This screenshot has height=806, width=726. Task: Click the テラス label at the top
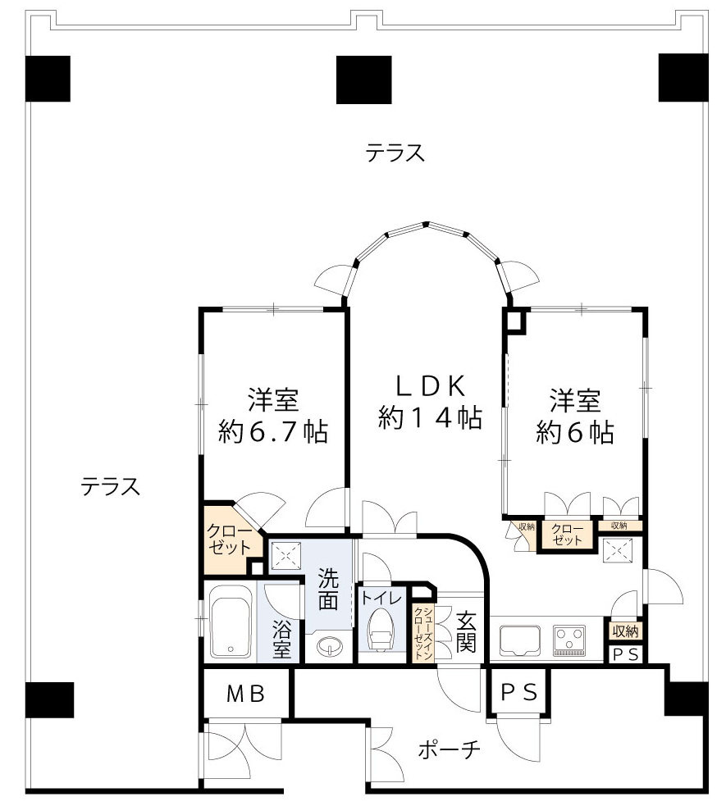[395, 153]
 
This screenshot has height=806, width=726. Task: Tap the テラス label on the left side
[110, 486]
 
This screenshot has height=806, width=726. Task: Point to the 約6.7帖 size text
[272, 430]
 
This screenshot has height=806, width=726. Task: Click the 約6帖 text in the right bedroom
[574, 431]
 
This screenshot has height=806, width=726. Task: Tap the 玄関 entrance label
[465, 631]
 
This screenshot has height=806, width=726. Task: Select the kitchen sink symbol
[520, 640]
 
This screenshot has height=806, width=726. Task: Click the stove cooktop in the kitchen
[569, 640]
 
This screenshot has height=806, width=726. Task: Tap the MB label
[245, 694]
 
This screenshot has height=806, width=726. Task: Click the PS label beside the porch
[519, 694]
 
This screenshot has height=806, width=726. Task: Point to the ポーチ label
[448, 749]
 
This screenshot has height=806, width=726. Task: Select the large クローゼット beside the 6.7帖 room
[230, 539]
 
